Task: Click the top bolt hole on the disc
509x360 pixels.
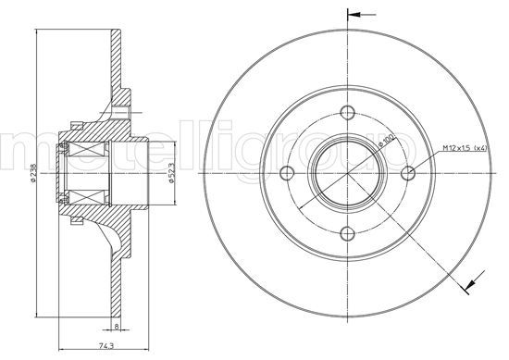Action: pyautogui.click(x=348, y=113)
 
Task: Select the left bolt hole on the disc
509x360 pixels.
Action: pyautogui.click(x=288, y=172)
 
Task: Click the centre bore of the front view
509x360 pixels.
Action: pyautogui.click(x=348, y=172)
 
